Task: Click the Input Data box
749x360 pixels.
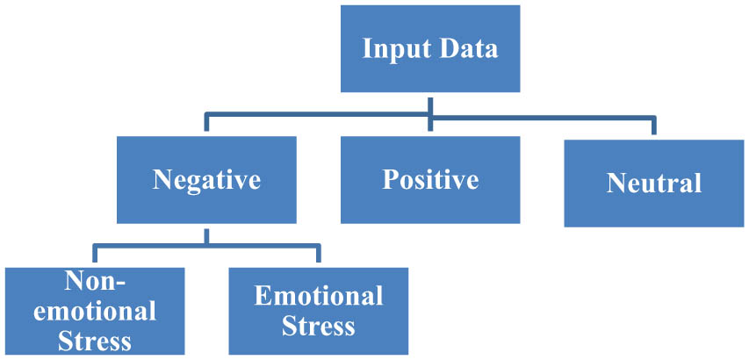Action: point(430,47)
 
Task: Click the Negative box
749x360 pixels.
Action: point(206,180)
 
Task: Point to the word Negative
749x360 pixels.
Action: point(206,180)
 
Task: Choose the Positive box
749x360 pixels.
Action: point(430,179)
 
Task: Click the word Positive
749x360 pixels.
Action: point(430,180)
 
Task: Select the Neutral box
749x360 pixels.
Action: point(653,183)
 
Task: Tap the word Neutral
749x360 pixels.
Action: point(653,184)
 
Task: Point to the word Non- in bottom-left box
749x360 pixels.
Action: point(95,281)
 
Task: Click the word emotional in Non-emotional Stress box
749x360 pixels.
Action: point(95,310)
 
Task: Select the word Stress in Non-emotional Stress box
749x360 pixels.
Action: point(95,340)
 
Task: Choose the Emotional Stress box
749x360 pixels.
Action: point(318,310)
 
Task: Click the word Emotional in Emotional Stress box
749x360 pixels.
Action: point(318,296)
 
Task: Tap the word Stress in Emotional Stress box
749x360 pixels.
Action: point(318,326)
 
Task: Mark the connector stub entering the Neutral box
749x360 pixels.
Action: point(653,126)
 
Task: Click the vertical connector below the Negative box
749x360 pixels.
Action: point(206,234)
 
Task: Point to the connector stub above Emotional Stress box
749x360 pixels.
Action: point(318,256)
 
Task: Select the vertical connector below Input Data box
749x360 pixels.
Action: point(430,104)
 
